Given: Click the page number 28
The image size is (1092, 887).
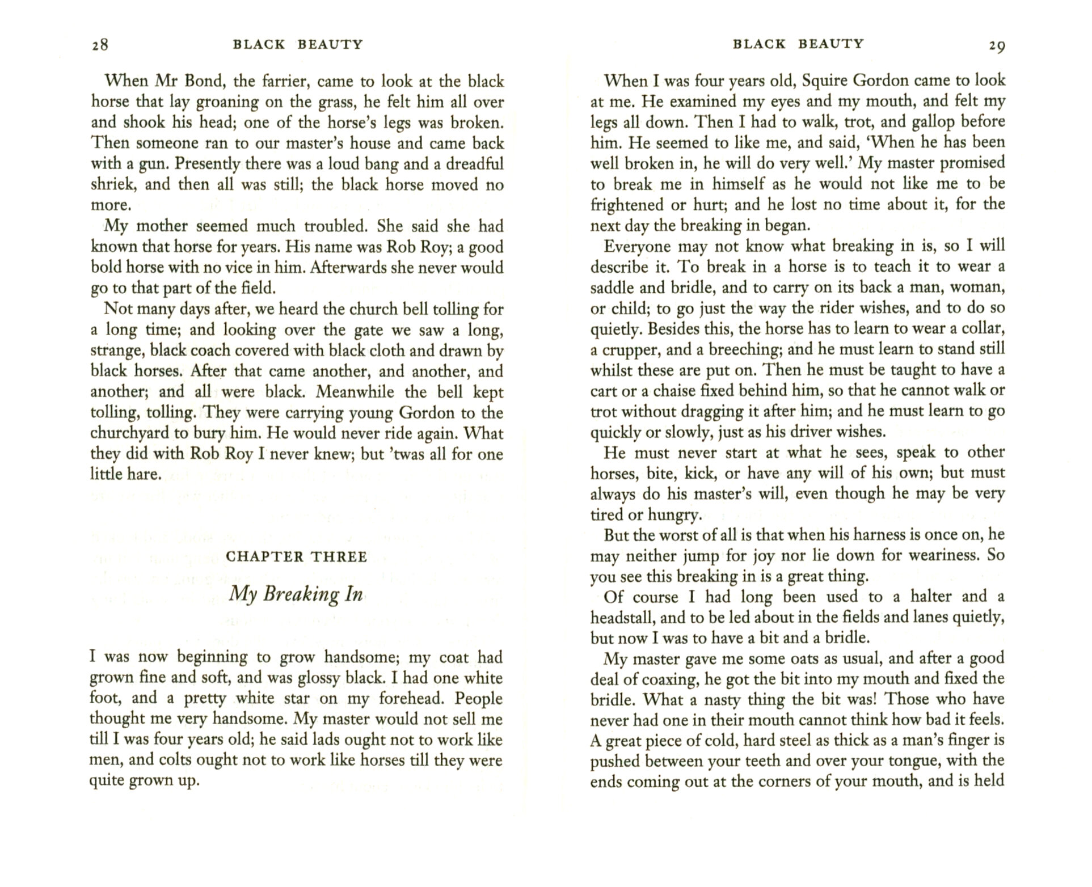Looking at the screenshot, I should tap(99, 45).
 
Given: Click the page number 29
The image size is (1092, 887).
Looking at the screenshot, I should tap(997, 45).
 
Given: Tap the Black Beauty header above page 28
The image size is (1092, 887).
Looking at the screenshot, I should tap(298, 44).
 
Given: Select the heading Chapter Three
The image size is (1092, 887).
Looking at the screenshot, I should tap(297, 556).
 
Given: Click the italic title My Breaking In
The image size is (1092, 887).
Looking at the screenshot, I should tap(296, 594).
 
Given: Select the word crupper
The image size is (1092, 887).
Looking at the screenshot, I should tap(629, 349).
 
